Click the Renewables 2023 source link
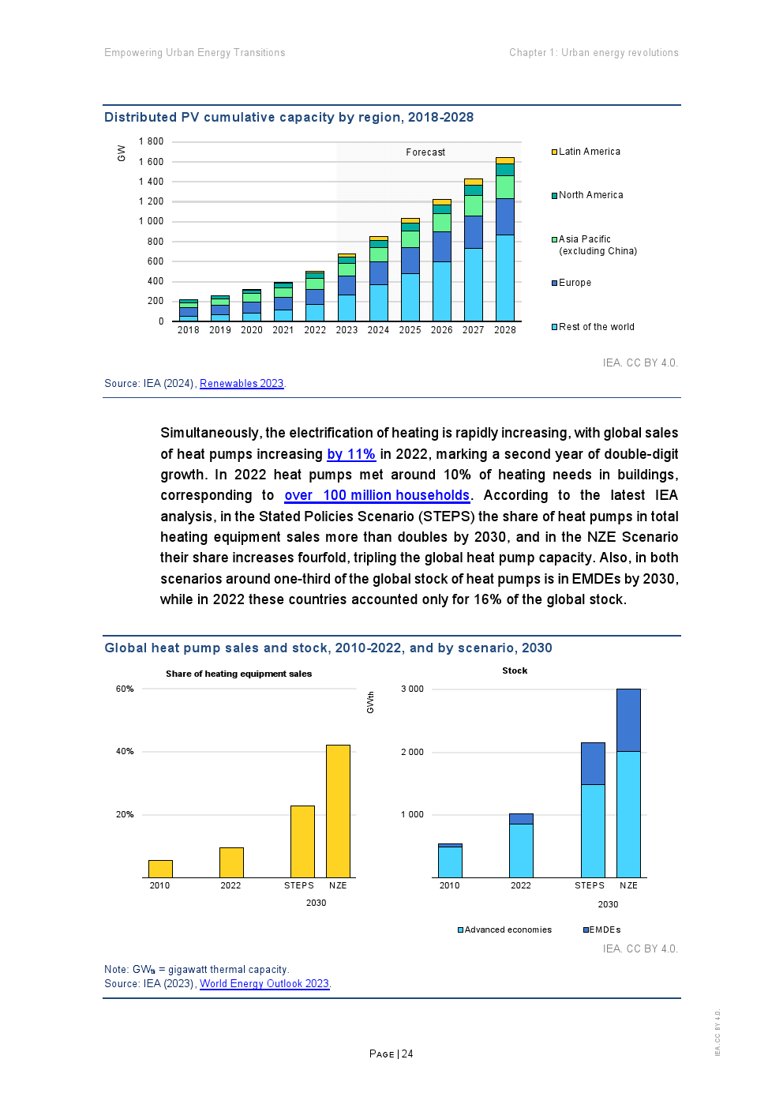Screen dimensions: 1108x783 coord(242,384)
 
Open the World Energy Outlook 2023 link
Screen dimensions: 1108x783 coord(264,984)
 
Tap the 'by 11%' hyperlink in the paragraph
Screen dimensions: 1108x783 coord(351,454)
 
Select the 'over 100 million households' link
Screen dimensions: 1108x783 coord(377,495)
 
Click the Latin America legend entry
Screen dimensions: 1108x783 coord(589,152)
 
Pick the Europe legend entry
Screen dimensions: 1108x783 coord(575,283)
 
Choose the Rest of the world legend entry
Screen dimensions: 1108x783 coord(596,327)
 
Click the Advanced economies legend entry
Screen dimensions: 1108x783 coord(508,930)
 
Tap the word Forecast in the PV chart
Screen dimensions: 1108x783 coord(425,152)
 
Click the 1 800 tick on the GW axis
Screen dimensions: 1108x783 coord(151,142)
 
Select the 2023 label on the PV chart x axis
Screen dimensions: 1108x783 coord(347,330)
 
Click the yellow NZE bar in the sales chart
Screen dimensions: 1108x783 coord(338,810)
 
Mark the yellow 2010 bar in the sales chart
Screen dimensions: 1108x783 coord(160,869)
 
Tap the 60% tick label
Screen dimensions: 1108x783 coord(125,689)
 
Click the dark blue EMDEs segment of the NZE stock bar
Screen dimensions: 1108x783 coord(628,719)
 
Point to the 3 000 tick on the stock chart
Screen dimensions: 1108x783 coord(412,689)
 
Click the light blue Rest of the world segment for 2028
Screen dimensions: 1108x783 coord(504,277)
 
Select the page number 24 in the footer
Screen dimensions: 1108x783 coord(407,1054)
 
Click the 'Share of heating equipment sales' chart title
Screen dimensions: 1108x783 coord(238,674)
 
